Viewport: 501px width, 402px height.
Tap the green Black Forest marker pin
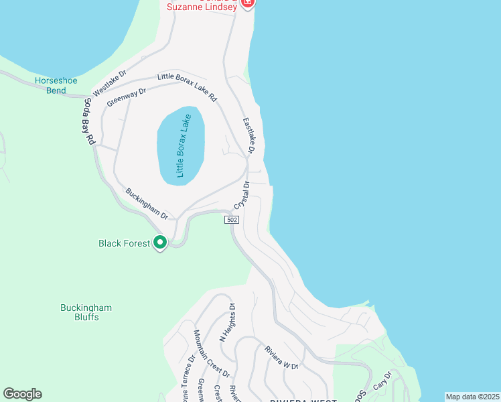(160, 243)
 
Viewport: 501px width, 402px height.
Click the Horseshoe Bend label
(56, 85)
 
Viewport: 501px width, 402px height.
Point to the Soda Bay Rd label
(88, 123)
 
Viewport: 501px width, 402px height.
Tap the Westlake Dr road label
(110, 82)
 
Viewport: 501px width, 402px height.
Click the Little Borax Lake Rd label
(188, 86)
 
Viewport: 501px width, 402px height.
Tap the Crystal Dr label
(242, 195)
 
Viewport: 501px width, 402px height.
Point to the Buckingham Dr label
(147, 203)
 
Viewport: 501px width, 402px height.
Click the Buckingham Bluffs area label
(86, 312)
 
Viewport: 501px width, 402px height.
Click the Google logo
(22, 394)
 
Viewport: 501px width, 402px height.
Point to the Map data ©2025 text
(472, 397)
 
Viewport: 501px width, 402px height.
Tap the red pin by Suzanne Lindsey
(247, 3)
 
